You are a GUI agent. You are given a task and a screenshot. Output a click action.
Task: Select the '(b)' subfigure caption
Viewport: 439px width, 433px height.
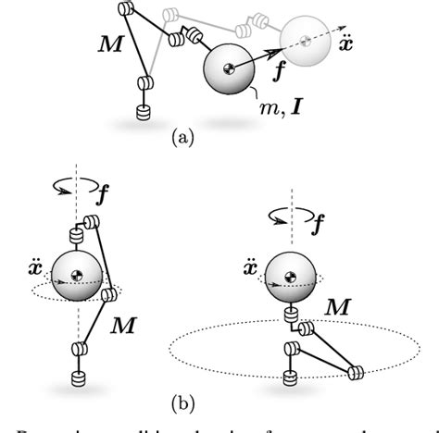[x=182, y=403]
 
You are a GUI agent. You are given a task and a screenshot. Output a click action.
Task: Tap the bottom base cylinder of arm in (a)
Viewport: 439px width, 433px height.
[x=143, y=111]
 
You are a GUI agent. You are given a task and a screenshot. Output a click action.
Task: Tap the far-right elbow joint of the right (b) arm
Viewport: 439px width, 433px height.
[x=356, y=373]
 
